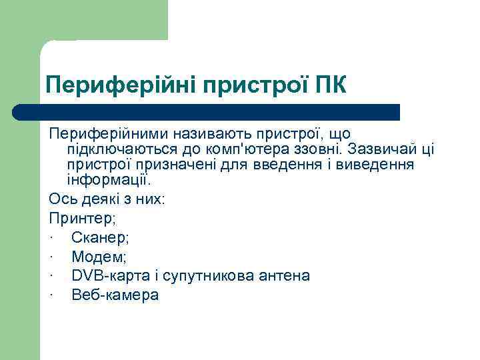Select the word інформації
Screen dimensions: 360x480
pos(109,180)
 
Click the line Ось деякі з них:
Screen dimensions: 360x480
pos(107,198)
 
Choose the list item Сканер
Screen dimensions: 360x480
pos(99,237)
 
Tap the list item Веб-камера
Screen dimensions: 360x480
pos(115,295)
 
